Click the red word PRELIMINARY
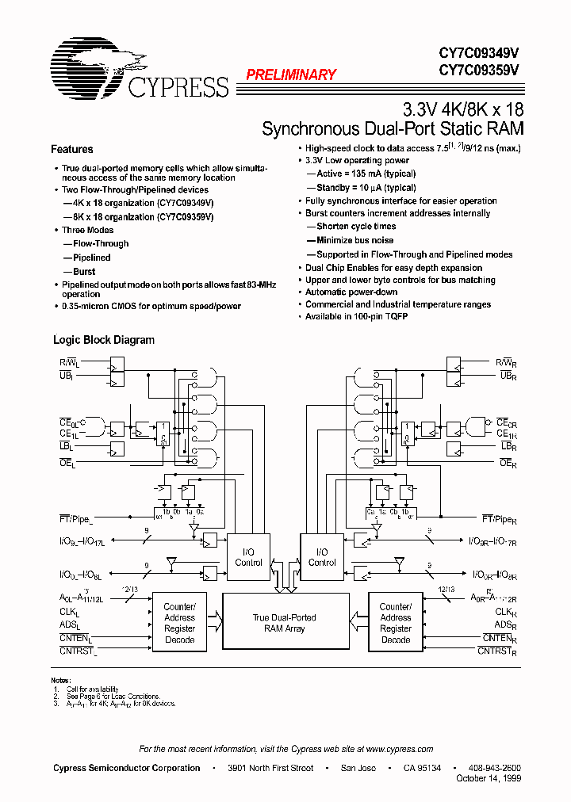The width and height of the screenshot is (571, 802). [x=291, y=75]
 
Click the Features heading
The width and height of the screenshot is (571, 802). [x=71, y=149]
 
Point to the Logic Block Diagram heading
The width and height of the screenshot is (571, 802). [x=103, y=340]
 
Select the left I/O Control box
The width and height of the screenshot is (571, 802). [x=248, y=557]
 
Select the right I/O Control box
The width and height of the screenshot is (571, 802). [x=321, y=557]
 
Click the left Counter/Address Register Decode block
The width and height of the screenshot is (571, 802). [x=179, y=623]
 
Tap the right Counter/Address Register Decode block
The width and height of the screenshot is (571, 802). [x=395, y=623]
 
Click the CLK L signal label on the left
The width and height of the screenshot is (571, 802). [x=70, y=613]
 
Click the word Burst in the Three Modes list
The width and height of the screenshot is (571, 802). [x=84, y=271]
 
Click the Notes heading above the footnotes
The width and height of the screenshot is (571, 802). [x=61, y=680]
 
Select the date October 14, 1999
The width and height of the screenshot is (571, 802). [x=489, y=779]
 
